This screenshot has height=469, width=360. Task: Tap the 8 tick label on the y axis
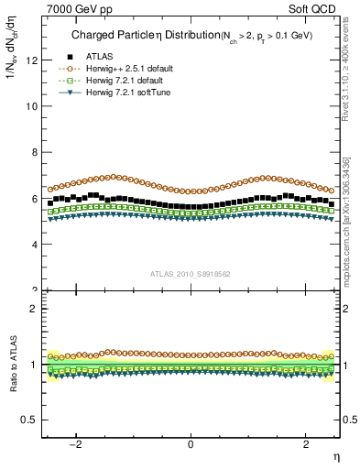[x=33, y=152]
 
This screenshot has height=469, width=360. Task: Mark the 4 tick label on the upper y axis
[x=33, y=245]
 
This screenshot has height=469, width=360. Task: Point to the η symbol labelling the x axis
[x=335, y=455]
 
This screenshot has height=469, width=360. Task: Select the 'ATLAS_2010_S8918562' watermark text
[x=191, y=273]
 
